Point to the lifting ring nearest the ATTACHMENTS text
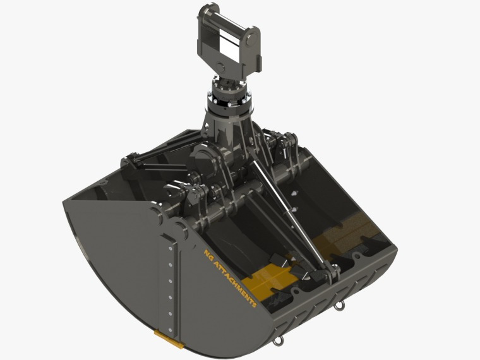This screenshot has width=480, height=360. (277, 339)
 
